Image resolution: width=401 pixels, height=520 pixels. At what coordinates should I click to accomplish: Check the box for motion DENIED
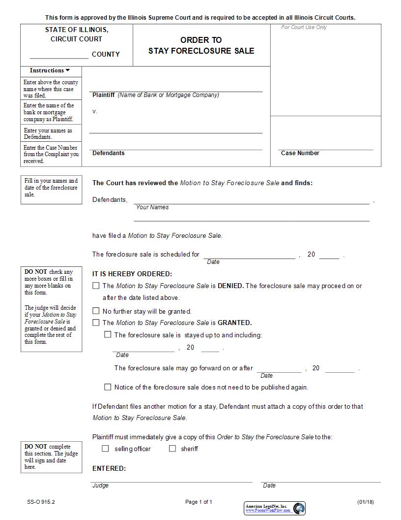96,286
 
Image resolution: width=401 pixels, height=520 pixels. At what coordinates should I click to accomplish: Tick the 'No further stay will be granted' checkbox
96,311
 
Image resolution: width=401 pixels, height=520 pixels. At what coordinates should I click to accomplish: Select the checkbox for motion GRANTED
96,323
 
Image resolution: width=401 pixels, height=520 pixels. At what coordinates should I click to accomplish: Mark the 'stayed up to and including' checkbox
108,335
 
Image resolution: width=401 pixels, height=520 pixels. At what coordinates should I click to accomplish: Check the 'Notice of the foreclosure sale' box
108,388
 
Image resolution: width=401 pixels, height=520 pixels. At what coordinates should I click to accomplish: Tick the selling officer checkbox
105,449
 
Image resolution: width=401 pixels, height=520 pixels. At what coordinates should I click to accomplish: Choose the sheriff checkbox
172,449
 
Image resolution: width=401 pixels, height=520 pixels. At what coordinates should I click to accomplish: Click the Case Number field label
300,153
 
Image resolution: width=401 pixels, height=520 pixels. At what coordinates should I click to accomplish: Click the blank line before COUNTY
59,55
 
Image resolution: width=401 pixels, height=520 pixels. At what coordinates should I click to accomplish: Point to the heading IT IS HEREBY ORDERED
132,274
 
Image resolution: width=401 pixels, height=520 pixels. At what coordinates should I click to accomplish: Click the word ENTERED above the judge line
109,468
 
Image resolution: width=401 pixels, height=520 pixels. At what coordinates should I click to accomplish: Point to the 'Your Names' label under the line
152,207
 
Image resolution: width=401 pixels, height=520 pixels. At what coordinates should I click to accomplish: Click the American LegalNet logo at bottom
275,508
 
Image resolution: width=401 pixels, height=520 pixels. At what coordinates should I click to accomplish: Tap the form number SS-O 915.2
41,502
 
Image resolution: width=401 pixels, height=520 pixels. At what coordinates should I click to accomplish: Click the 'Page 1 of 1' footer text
199,502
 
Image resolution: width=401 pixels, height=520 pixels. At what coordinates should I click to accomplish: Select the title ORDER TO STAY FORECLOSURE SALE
201,45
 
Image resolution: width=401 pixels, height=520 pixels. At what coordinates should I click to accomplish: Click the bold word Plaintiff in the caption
103,95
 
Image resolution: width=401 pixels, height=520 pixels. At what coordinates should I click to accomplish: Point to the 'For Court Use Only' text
304,28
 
